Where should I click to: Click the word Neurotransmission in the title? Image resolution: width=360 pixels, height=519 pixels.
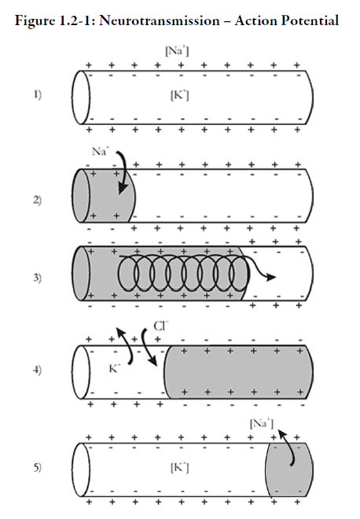(159, 21)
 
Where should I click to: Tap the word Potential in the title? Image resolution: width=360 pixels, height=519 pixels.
(310, 21)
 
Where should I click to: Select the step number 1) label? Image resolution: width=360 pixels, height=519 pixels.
(38, 95)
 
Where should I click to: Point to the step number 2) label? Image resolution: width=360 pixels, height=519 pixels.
(38, 201)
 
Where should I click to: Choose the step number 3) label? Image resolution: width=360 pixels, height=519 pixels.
(38, 278)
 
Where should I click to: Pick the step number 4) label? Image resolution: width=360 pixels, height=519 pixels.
(38, 370)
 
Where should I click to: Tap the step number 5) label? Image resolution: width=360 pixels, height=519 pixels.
(38, 467)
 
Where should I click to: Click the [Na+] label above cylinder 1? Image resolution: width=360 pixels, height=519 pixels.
(177, 51)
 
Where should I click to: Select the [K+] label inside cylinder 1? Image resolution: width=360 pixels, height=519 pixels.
(180, 95)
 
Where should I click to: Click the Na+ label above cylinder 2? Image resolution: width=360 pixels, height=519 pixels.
(101, 151)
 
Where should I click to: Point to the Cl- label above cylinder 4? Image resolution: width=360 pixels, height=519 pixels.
(161, 326)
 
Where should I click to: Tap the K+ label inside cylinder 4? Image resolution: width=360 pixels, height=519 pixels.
(115, 368)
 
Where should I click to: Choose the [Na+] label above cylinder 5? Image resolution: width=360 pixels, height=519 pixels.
(262, 423)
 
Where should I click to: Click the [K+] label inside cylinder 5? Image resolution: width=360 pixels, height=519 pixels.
(180, 467)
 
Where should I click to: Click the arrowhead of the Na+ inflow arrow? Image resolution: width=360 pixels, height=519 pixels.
(123, 189)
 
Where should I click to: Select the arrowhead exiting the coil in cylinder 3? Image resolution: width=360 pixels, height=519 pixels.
(271, 277)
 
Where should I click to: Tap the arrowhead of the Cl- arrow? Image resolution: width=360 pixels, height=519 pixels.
(152, 362)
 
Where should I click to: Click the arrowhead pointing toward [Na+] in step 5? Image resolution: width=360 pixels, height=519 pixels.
(281, 434)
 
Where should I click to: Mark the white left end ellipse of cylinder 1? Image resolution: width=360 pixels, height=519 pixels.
(81, 98)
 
